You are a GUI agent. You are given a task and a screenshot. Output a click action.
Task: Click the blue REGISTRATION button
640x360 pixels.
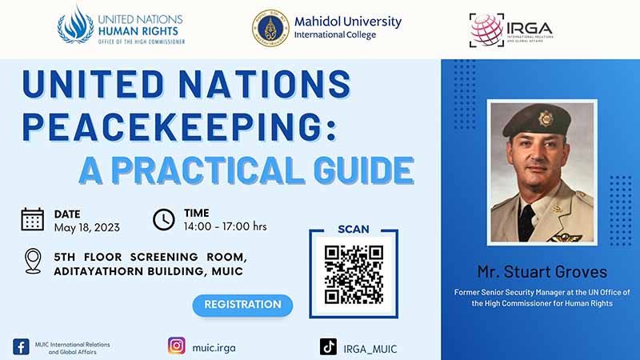(x=242, y=305)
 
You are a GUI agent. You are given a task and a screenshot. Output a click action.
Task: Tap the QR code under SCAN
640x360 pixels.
(x=354, y=275)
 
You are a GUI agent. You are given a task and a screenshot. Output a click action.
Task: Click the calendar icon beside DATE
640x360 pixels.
(x=32, y=219)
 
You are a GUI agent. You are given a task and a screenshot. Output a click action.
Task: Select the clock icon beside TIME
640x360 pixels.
(x=163, y=219)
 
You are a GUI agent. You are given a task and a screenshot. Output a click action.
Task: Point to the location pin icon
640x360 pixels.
(x=33, y=261)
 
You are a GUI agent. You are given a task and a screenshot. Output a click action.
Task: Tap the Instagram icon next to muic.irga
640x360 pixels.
(x=177, y=346)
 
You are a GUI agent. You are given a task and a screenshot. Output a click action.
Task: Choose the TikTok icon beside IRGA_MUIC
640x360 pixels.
(x=328, y=347)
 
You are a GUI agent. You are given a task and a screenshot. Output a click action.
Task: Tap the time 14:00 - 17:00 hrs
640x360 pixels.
(x=225, y=227)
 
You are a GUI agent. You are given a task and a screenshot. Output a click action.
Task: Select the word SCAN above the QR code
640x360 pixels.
(x=354, y=230)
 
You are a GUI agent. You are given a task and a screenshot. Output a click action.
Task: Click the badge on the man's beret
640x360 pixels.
(x=546, y=119)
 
